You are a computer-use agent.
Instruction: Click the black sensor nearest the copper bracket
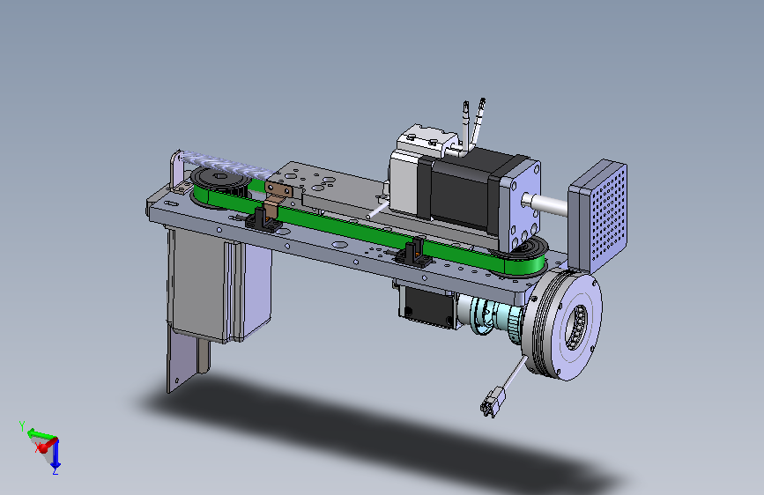click(x=263, y=218)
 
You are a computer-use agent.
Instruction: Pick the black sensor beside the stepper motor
click(x=413, y=253)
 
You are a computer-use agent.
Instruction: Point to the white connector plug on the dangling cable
click(x=493, y=401)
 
